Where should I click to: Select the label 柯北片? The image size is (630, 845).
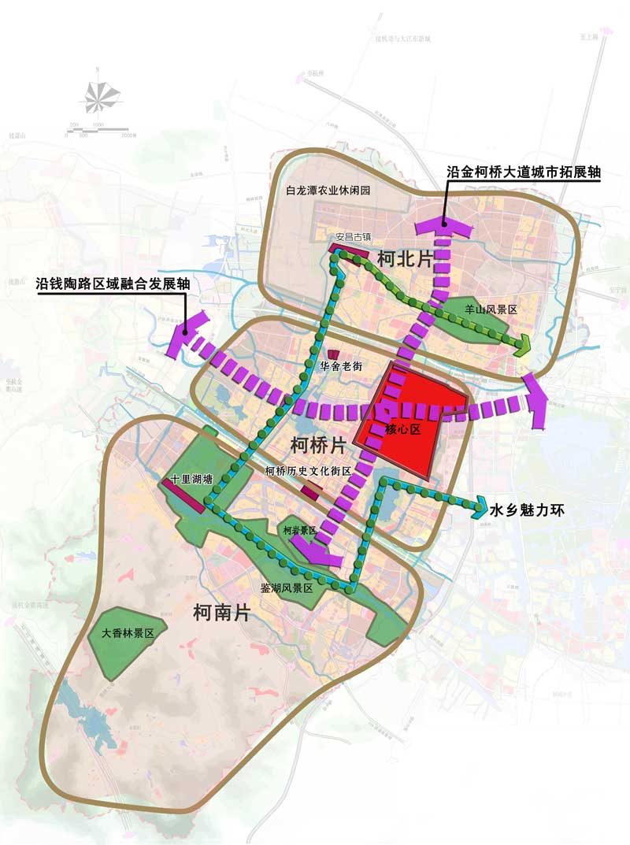tap(405, 258)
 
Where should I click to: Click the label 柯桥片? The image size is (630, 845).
tap(318, 445)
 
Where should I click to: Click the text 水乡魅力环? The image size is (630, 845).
tap(528, 510)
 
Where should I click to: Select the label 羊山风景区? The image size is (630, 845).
tap(491, 310)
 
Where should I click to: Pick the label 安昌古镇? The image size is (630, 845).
tap(353, 235)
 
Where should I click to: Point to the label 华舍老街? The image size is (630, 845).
tap(341, 366)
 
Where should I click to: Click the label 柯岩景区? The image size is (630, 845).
tap(299, 531)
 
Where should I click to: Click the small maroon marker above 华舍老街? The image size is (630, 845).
tap(333, 353)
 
